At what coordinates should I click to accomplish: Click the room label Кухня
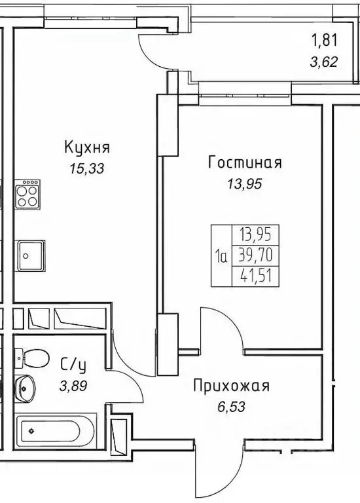pos(86,147)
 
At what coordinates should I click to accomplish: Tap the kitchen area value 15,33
pos(87,168)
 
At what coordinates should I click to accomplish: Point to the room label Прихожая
pos(231,386)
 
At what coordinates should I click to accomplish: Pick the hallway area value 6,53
pos(230,407)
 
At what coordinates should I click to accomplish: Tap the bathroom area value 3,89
pos(72,386)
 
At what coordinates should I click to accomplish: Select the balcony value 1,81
pos(324,41)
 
